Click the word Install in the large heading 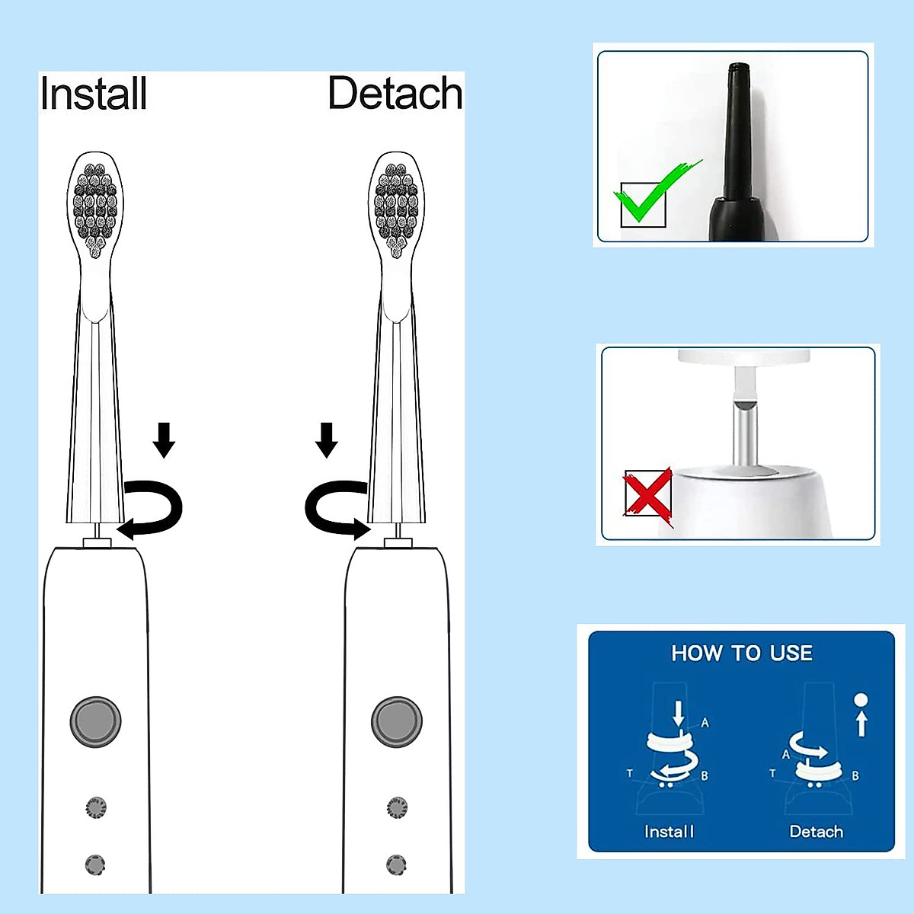coord(94,94)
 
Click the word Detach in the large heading coord(395,94)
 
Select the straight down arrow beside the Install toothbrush coord(164,439)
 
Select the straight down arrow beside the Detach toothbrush coord(327,439)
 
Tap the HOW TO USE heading coord(742,654)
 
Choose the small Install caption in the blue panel coord(669,832)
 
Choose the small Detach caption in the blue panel coord(816,832)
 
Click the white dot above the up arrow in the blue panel coord(861,699)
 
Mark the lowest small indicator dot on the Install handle coord(94,864)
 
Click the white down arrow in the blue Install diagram coord(679,714)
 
